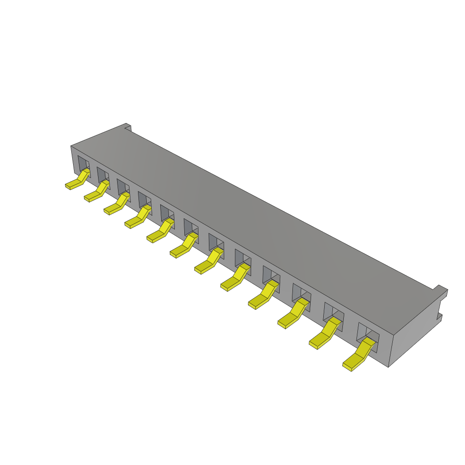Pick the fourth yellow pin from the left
coord(137,218)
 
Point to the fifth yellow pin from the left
coord(159,232)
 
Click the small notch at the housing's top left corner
coord(128,127)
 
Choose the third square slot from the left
coord(123,187)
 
